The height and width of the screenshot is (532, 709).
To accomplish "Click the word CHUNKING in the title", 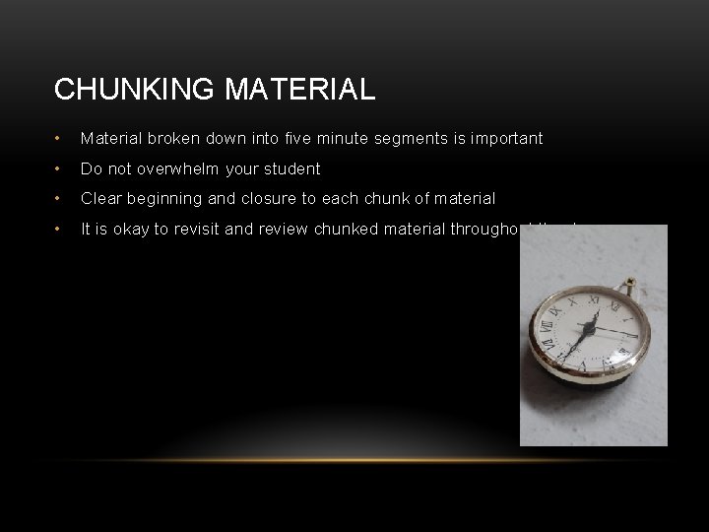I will coord(135,90).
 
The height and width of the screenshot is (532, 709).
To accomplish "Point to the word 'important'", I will coord(506,139).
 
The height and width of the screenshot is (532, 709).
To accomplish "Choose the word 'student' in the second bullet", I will coord(293,168).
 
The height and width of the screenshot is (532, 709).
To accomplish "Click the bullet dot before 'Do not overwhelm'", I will coord(60,168).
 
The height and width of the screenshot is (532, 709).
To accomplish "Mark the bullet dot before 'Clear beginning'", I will coord(60,198).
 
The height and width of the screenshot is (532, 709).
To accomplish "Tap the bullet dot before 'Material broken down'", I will coord(60,139).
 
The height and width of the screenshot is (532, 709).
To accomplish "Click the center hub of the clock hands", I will coord(588,334).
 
